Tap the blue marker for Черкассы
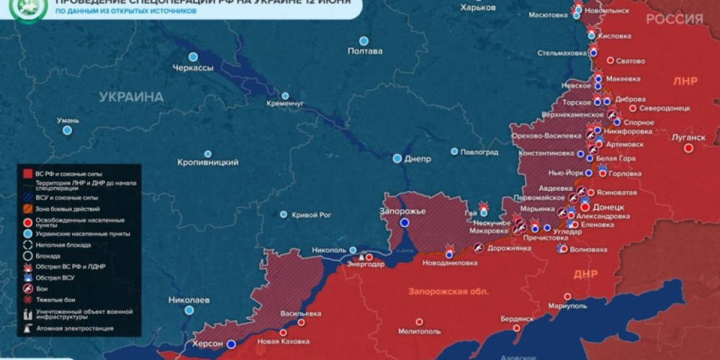pos(193,57)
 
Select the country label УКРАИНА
pos(131,96)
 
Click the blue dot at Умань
pos(67,130)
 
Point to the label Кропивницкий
pos(208,163)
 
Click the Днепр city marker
pos(397,158)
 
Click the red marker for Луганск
pos(688,148)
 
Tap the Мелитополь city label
pos(418,331)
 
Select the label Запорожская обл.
pos(448,292)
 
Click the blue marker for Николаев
pos(189,310)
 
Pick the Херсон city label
pos(207,344)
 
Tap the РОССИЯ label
pos(674,19)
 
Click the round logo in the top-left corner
pos(31,9)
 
